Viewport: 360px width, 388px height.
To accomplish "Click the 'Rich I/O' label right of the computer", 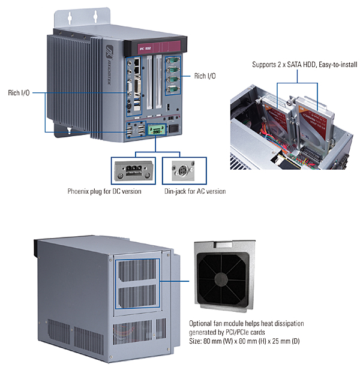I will [x=205, y=76].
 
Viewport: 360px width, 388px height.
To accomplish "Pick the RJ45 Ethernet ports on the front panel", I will [x=137, y=66].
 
